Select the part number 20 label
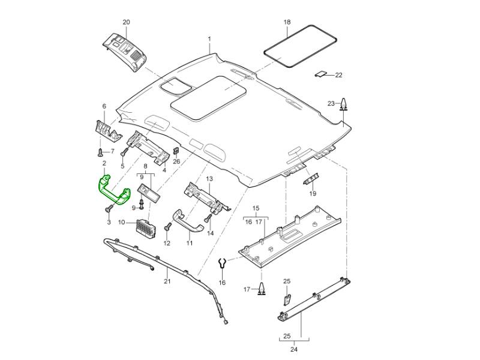[126, 22]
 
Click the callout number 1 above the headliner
[209, 39]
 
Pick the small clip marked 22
[322, 74]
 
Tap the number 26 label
[176, 161]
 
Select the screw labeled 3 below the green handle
[109, 209]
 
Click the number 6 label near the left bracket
[104, 107]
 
